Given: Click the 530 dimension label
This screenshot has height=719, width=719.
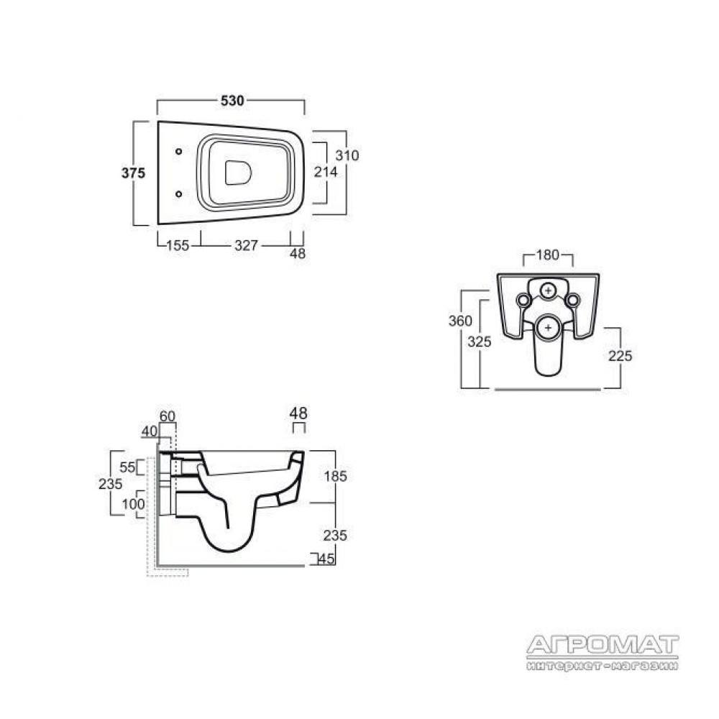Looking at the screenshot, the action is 232,101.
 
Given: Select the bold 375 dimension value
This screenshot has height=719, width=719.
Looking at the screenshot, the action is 134,173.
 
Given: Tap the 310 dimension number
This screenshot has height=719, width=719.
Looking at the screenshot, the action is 347,155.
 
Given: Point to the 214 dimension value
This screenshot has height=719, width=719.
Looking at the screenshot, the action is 326,172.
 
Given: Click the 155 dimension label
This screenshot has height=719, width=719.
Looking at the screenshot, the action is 178,246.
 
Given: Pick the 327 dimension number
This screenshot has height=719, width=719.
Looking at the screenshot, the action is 246,246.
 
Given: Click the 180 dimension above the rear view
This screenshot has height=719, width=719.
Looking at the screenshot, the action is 548,255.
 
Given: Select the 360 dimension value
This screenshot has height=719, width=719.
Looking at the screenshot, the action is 460,321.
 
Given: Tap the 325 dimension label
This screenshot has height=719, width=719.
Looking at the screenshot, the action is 480,342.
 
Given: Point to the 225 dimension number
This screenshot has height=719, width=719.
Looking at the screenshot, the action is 620,356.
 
